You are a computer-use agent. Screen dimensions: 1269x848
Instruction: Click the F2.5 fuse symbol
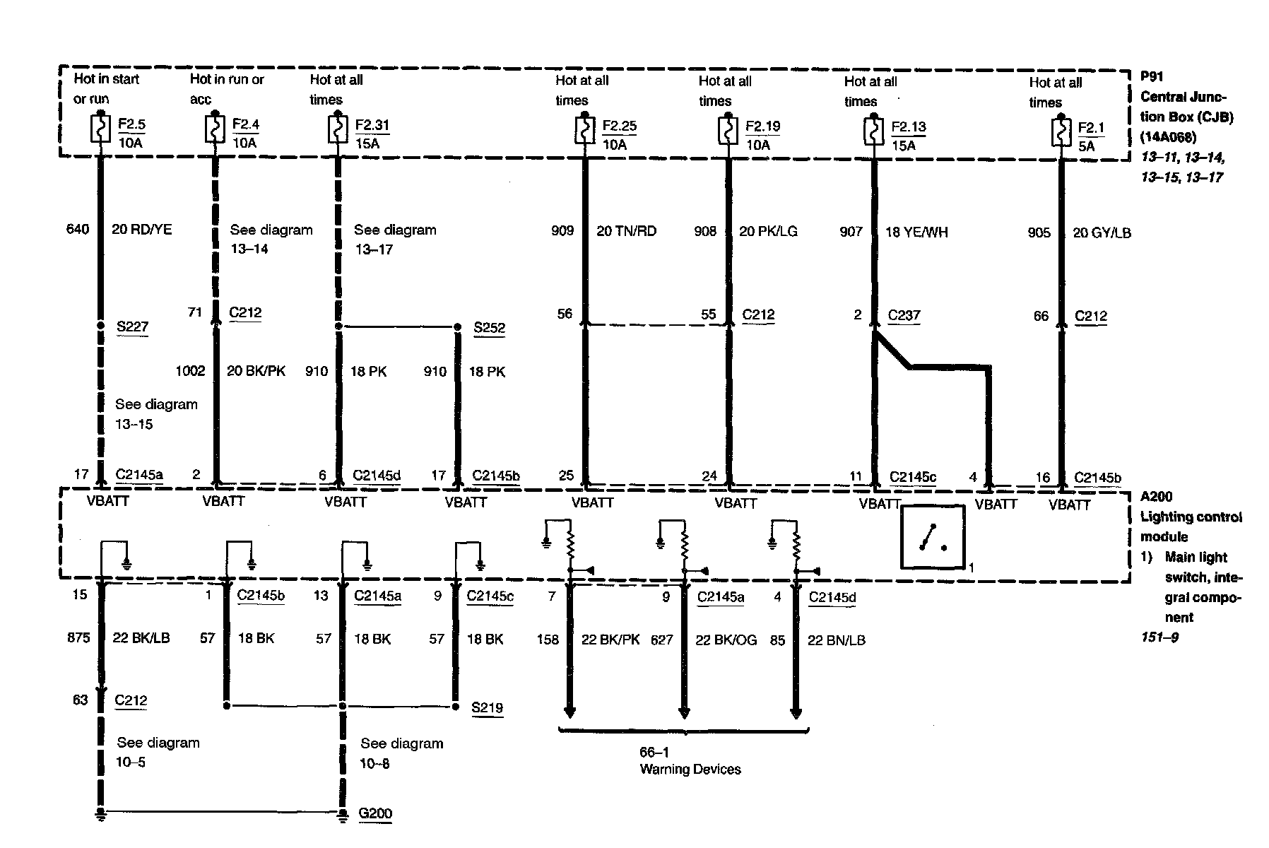point(101,130)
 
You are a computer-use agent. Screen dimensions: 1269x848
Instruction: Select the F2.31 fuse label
point(372,125)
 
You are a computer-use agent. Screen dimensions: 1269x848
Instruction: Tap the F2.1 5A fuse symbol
point(1061,131)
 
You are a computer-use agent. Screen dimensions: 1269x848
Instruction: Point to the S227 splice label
point(132,326)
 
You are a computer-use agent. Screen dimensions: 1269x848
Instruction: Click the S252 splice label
point(489,328)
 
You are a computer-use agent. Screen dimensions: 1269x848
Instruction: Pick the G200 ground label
point(375,813)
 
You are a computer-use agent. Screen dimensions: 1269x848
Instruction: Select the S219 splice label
point(488,707)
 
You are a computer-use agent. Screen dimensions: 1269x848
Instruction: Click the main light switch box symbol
point(932,537)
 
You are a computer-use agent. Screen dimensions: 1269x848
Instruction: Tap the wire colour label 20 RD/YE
point(142,229)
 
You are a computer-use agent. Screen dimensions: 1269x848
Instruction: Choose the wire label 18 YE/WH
point(916,232)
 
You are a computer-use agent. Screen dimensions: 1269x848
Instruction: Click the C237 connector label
point(904,315)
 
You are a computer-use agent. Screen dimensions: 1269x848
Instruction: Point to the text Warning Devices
point(690,770)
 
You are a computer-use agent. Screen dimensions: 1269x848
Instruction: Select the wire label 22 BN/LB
point(836,640)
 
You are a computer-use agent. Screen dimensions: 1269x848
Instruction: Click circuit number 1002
point(190,371)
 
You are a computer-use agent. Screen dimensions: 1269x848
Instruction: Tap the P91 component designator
point(1152,76)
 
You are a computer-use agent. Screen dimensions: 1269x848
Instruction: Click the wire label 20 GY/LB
point(1102,232)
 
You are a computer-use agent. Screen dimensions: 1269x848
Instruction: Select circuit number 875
point(78,637)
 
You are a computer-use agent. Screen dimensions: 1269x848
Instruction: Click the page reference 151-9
point(1159,637)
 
